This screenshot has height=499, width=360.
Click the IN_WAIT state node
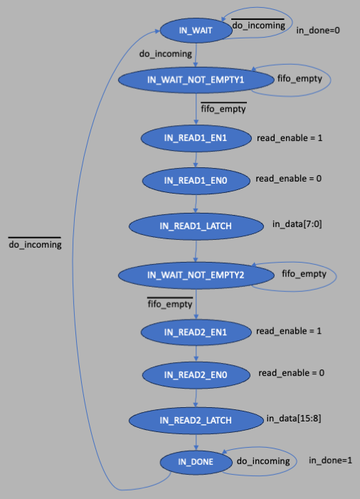(x=196, y=30)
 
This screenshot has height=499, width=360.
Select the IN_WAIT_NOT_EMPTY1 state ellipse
(x=196, y=80)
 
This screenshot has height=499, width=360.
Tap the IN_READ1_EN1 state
(x=196, y=138)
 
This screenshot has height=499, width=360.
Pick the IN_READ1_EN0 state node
(x=196, y=180)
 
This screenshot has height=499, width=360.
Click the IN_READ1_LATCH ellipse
(x=196, y=226)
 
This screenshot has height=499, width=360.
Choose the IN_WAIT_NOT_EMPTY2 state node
(x=196, y=275)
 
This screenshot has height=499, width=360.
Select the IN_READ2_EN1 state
(x=196, y=332)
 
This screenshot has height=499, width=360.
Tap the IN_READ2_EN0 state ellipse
(x=196, y=375)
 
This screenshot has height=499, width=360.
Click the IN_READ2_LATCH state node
(x=196, y=421)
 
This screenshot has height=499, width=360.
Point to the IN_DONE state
(x=196, y=462)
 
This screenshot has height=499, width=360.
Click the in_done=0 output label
(x=318, y=30)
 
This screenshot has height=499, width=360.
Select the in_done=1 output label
(x=330, y=460)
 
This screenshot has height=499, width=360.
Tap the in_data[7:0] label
(x=297, y=224)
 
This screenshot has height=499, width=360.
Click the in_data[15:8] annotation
(x=294, y=419)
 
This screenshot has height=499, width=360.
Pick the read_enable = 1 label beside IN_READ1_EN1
(x=290, y=138)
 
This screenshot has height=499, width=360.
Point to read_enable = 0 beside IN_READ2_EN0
(x=291, y=373)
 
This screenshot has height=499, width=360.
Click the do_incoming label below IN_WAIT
(x=165, y=54)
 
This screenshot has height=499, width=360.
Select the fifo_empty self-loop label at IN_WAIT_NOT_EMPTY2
(x=304, y=273)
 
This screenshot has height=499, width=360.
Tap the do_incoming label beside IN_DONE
(x=263, y=461)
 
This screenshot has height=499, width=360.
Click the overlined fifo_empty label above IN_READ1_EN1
(x=223, y=108)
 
